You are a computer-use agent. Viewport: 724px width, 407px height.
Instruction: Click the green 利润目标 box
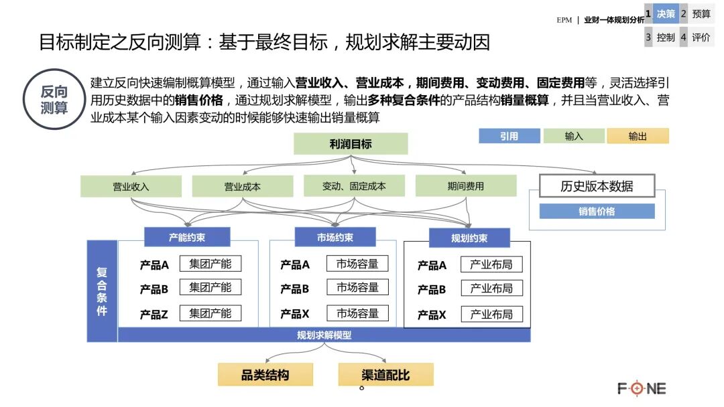(x=351, y=144)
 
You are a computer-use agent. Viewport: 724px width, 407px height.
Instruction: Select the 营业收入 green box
(x=131, y=186)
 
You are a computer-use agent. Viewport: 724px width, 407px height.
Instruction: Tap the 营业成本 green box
(x=243, y=186)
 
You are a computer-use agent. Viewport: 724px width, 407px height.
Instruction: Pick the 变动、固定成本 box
(x=354, y=186)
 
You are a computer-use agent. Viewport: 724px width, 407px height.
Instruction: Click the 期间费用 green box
(x=466, y=186)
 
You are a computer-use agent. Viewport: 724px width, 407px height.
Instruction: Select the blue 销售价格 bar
(x=597, y=212)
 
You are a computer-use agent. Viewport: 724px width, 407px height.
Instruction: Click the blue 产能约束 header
(x=187, y=237)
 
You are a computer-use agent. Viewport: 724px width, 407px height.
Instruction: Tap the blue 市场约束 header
(x=335, y=237)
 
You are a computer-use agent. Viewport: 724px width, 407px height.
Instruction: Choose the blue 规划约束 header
(x=469, y=238)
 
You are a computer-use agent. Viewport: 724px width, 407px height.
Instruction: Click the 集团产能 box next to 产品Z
(x=210, y=313)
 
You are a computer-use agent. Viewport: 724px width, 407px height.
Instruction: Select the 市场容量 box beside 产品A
(x=358, y=264)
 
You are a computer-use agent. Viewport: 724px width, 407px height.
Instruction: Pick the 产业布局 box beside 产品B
(x=491, y=289)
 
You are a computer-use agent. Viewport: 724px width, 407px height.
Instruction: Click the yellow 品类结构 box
(x=265, y=375)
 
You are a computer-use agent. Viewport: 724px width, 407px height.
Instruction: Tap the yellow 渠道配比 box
(x=385, y=375)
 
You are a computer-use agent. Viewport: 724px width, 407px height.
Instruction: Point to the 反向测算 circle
(x=54, y=99)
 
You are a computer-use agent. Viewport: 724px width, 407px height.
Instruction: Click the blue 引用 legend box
(x=509, y=136)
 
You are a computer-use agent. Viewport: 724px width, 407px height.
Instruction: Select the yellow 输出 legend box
(x=638, y=136)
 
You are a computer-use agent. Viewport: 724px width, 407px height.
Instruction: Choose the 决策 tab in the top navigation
(x=665, y=13)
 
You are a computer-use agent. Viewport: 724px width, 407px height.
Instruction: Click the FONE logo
(x=642, y=388)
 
